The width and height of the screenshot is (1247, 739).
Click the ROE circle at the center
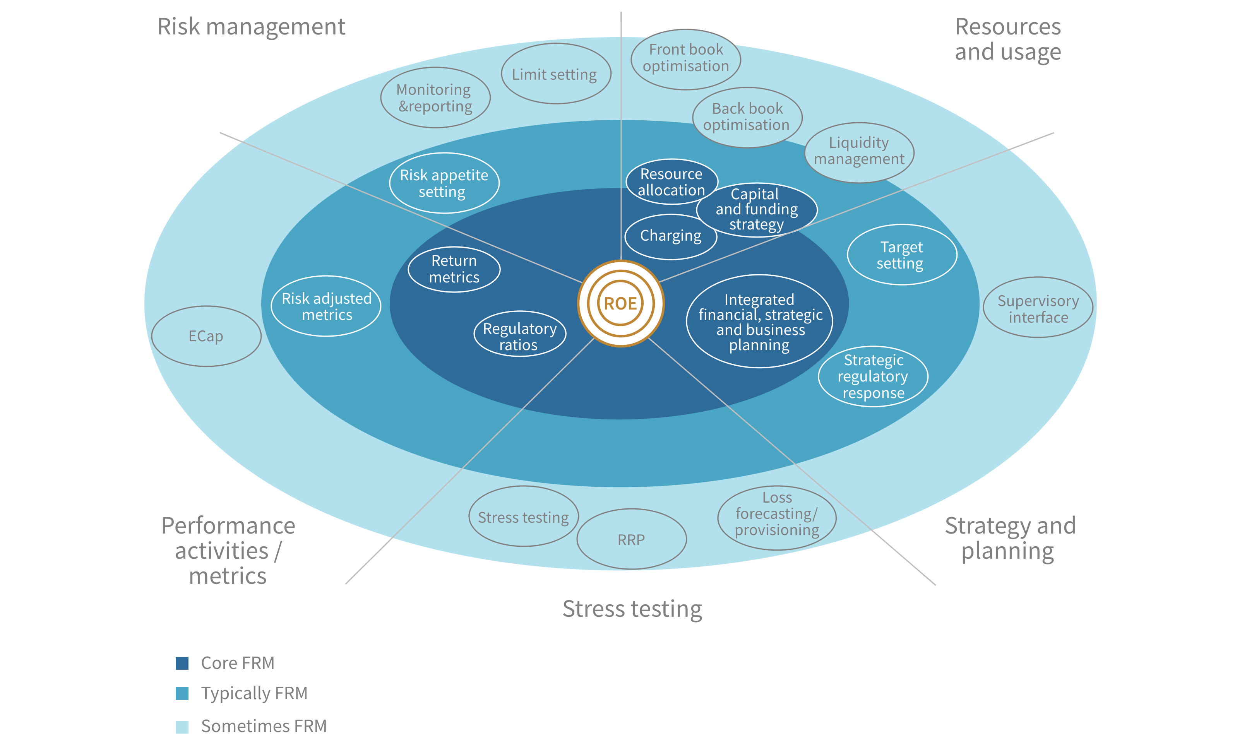(620, 303)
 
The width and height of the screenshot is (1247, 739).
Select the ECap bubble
(206, 336)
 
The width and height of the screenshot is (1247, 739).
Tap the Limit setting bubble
(555, 74)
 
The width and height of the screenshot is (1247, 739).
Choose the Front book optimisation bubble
(686, 59)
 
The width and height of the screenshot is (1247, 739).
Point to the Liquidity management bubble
(859, 152)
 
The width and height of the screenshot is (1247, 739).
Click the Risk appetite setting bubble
(444, 183)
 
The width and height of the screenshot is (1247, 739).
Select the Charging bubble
(670, 236)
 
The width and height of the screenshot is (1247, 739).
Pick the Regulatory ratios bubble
(519, 336)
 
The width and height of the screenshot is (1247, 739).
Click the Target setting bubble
(901, 255)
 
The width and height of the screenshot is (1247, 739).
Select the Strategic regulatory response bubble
(873, 376)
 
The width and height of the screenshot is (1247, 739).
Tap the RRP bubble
(632, 539)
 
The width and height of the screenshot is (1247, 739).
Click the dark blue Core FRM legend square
(182, 663)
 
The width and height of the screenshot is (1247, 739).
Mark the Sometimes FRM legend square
(182, 727)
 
